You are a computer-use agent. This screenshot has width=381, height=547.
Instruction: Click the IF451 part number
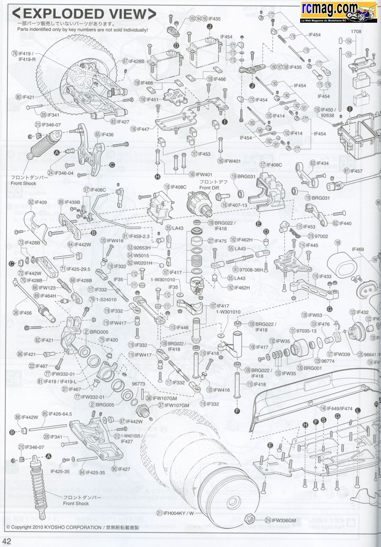[152, 99]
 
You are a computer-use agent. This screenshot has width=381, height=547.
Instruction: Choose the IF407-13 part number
[238, 205]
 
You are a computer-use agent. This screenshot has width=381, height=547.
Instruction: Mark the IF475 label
[220, 241]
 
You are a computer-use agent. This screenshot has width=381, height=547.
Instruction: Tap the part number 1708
[356, 32]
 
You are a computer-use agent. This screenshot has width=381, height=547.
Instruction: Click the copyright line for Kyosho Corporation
[72, 528]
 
